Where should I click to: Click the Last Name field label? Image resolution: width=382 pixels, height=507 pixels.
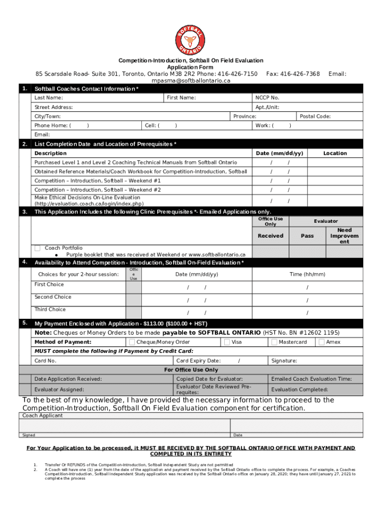click(49, 98)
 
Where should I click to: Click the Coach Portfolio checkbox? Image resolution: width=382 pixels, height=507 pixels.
click(38, 248)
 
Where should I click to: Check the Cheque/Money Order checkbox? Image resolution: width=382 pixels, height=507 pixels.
click(132, 342)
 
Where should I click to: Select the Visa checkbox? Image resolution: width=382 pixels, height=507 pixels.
click(227, 342)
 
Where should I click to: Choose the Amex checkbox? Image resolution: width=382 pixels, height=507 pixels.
click(321, 342)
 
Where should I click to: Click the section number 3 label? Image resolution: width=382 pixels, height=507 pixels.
click(24, 212)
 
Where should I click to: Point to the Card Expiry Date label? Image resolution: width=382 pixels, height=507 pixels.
click(198, 361)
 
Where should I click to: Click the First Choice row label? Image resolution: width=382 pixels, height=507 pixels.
click(49, 285)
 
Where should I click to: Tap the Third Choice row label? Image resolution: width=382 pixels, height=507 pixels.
click(50, 309)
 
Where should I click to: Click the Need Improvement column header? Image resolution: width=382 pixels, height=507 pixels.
click(344, 236)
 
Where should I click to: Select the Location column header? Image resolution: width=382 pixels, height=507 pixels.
click(335, 153)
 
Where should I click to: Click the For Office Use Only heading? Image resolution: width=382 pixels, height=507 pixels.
click(191, 370)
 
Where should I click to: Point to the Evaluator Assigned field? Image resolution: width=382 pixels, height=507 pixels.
click(59, 390)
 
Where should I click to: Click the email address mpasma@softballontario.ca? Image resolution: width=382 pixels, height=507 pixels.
click(191, 81)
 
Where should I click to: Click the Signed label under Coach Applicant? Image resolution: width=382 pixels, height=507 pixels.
click(29, 435)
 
